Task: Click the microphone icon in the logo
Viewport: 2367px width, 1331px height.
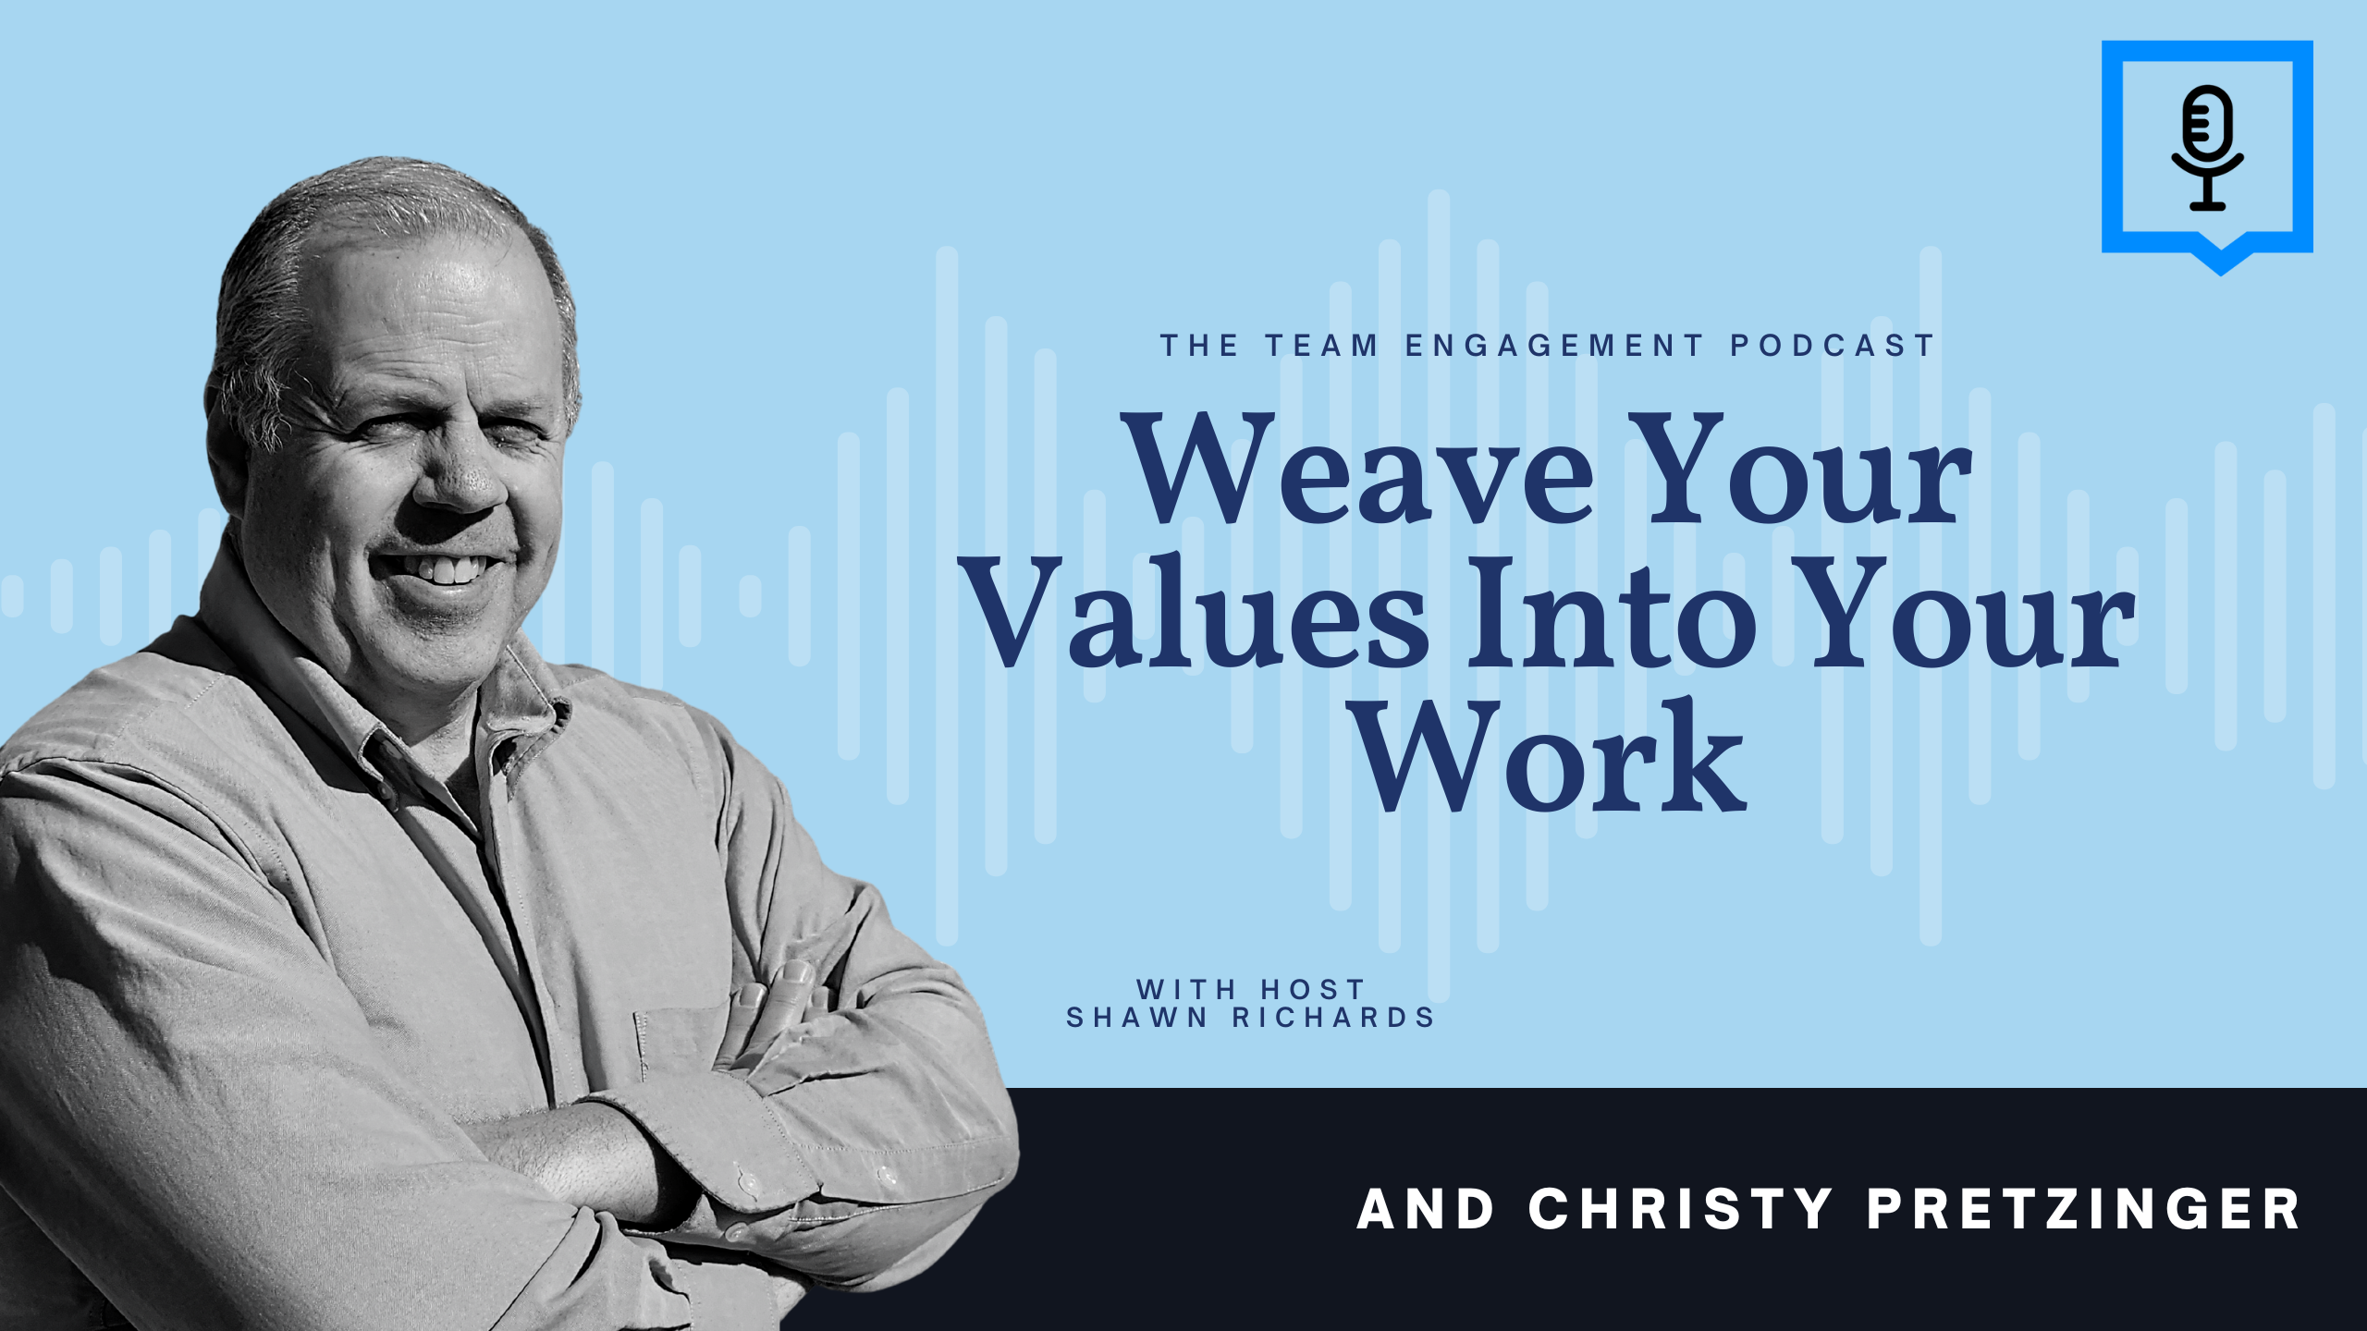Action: pos(2207,149)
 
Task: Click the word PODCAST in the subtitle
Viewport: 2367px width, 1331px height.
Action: pos(1832,346)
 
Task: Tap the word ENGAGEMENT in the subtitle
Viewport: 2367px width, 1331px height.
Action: pos(1553,346)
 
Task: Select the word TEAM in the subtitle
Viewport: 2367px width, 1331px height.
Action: pos(1321,346)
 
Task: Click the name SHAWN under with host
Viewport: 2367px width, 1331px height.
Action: pos(1137,1018)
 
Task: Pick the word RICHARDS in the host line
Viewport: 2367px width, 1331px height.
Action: pos(1333,1018)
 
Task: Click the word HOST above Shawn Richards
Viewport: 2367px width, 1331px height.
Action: pos(1313,989)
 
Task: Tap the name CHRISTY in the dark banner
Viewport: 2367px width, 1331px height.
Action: pos(1680,1209)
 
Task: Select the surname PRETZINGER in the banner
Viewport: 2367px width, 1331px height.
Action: pos(2083,1209)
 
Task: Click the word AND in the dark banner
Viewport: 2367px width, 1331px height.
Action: pos(1425,1209)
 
